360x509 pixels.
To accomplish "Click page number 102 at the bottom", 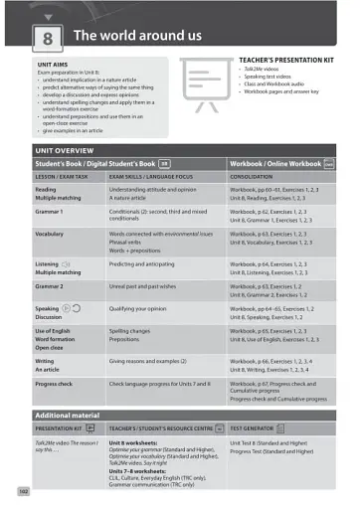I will coord(23,490).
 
